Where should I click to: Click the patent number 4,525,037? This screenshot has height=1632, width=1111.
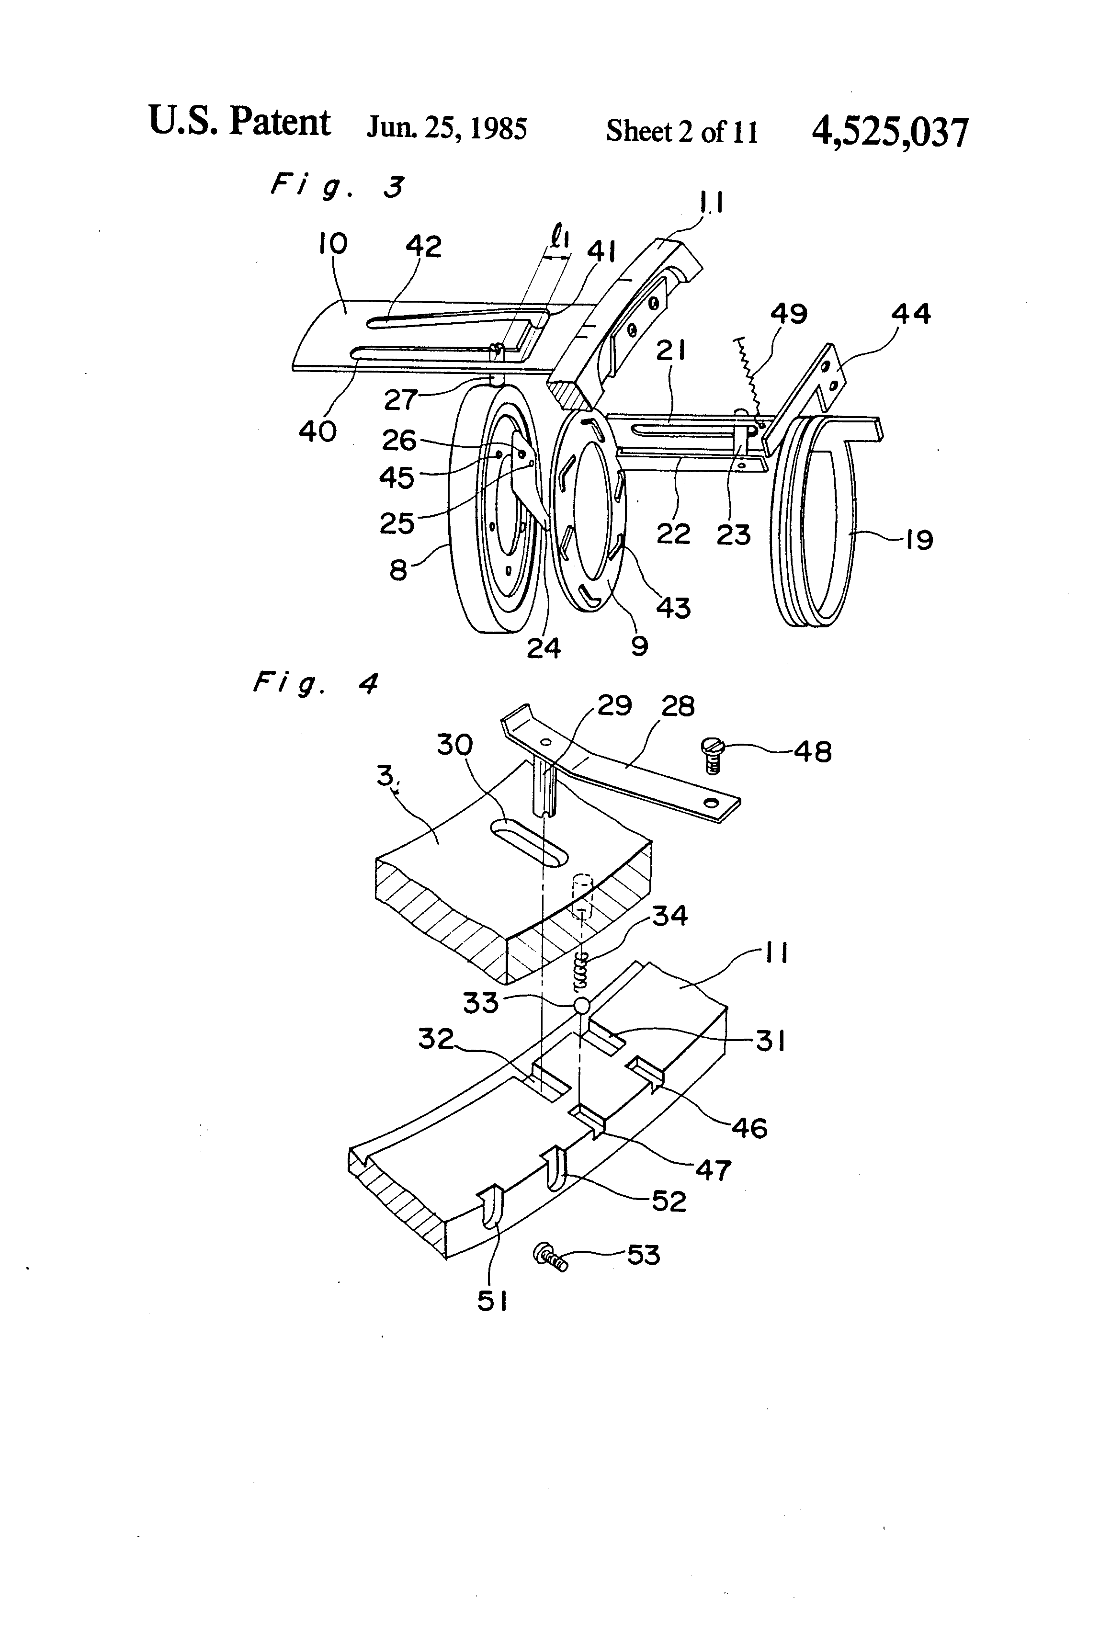[889, 132]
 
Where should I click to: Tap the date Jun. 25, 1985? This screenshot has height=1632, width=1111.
[447, 128]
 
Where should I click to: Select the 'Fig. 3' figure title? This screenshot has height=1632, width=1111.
[338, 188]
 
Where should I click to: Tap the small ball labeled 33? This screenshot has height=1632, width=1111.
[581, 1006]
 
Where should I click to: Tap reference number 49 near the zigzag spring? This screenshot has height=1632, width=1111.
[789, 314]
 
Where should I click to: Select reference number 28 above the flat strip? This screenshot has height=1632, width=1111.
[677, 706]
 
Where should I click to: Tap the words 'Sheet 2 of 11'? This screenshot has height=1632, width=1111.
[682, 131]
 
